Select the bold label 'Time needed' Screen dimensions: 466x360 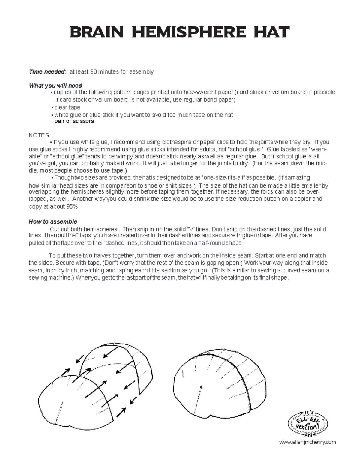click(47, 72)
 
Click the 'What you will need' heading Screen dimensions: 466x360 click(55, 86)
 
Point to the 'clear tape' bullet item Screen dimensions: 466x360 click(67, 107)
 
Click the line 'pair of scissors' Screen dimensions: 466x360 click(74, 121)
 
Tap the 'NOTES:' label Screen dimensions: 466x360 click(40, 135)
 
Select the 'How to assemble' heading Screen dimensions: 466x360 click(53, 222)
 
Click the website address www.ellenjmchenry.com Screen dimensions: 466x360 click(307, 442)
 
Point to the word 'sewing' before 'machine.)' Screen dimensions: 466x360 click(38, 278)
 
